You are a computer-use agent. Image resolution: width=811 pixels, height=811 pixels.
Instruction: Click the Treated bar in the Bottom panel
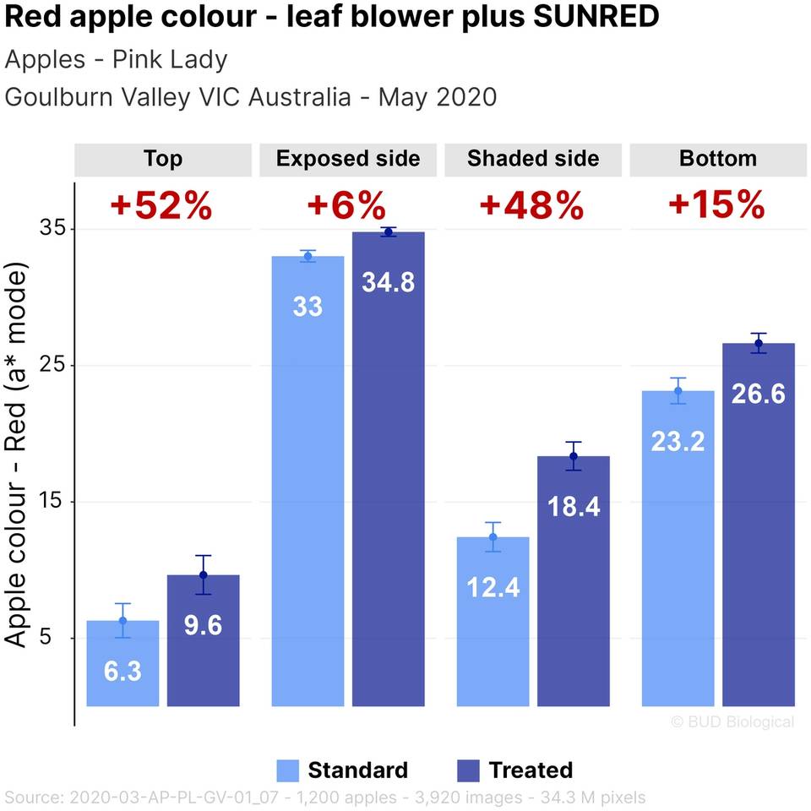tap(758, 524)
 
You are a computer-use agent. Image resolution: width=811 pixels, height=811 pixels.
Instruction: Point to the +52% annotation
tap(161, 205)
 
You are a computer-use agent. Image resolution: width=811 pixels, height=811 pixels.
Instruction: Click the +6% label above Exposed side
tap(346, 205)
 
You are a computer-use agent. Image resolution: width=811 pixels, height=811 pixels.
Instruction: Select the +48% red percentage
tap(531, 205)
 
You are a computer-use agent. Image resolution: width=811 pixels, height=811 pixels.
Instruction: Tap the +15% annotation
tap(716, 205)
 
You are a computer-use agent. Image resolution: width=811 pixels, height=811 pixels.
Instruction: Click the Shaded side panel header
tap(533, 159)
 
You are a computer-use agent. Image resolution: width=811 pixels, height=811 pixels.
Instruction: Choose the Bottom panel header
tap(718, 159)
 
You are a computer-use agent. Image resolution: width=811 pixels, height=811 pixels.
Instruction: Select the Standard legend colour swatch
tap(288, 770)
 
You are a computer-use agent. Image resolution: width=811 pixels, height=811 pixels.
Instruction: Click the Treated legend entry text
tap(531, 770)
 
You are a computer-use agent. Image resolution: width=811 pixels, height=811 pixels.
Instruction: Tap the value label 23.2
tap(678, 441)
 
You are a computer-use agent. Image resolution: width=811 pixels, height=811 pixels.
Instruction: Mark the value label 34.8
tap(388, 282)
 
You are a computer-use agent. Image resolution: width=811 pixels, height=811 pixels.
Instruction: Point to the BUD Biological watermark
tap(732, 721)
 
